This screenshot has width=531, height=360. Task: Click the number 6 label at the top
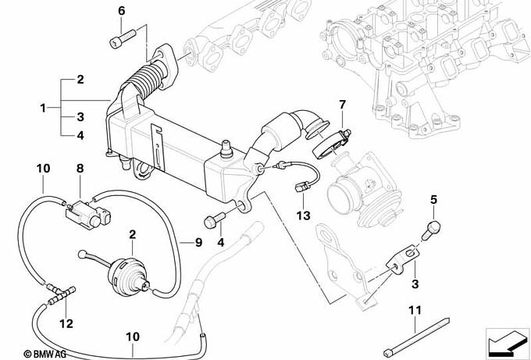coord(121,11)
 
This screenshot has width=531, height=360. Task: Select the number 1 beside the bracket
coord(43,107)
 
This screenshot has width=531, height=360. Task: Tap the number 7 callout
coord(341,104)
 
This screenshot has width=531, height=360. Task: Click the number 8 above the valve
coord(80,168)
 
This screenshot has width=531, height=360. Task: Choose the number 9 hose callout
coord(198,243)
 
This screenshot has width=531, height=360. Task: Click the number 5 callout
coord(433,201)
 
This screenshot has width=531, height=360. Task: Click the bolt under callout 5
coord(432,227)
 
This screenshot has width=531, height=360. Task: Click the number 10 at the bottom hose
coord(133,337)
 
